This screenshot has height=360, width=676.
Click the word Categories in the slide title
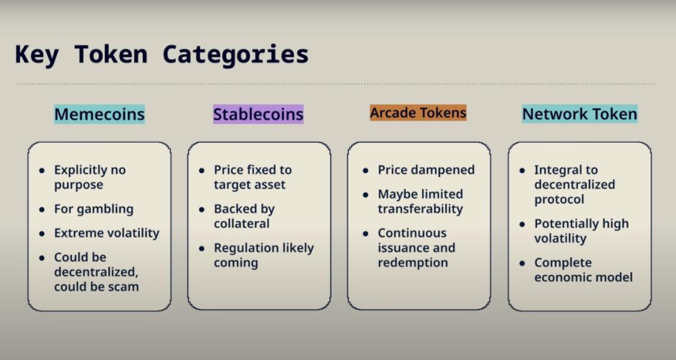coord(235,55)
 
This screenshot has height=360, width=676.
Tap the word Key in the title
coord(37,55)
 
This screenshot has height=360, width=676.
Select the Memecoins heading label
coord(99,114)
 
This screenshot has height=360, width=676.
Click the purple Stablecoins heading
coord(259,114)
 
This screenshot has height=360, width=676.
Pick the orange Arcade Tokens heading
coord(418,113)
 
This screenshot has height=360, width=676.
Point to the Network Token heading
coord(580,114)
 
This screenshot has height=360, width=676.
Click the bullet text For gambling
coord(93,209)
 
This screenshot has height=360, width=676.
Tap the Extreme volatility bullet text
coord(106,233)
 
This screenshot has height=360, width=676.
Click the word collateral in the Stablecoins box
coord(242,224)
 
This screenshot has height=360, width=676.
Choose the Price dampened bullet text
coord(426,170)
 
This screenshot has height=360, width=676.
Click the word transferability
coord(421,209)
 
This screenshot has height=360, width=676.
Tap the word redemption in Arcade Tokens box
coord(412,262)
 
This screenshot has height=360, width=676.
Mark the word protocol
coord(559,200)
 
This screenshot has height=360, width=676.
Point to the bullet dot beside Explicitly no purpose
coord(42,170)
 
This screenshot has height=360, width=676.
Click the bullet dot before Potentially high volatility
coord(522,224)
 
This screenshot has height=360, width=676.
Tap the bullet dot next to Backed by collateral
coord(202,210)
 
